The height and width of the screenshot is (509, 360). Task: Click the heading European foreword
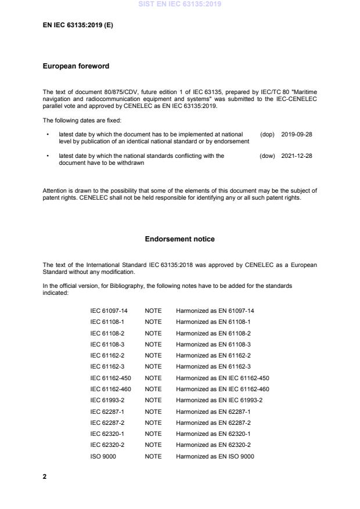pos(75,66)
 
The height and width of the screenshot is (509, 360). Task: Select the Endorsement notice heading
pos(180,239)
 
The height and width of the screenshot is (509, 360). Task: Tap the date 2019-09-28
pos(296,134)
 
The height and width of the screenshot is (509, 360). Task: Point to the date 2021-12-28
pos(296,156)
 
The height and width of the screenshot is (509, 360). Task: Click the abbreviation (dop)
pos(267,134)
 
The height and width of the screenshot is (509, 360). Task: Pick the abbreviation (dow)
pos(267,156)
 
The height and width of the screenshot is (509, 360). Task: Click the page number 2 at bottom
pos(45,476)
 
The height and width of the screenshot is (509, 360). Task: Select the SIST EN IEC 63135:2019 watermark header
pos(180,5)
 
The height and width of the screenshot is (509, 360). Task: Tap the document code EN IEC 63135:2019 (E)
pos(78,26)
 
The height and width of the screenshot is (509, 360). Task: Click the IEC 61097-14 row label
pos(109,311)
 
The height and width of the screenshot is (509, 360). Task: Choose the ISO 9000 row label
pos(103,456)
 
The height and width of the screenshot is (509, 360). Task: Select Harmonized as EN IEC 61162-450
pos(222,378)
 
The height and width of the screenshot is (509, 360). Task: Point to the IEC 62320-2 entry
pos(106,445)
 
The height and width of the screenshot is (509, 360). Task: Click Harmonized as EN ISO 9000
pos(215,456)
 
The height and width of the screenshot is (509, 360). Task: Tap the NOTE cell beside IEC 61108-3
pos(153,344)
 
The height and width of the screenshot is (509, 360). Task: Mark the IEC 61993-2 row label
pos(106,400)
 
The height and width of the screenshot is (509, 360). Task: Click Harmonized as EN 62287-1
pos(213,411)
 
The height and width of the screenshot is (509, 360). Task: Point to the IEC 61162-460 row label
pos(110,389)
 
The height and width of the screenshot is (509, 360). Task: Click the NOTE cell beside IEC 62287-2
pos(153,423)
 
